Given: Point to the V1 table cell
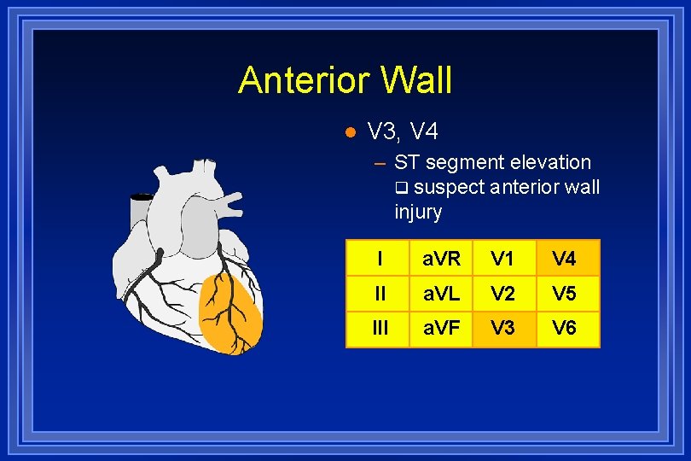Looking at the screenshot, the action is pyautogui.click(x=504, y=258).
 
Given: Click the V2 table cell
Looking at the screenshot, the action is pyautogui.click(x=504, y=294).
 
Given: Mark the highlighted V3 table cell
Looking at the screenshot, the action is pyautogui.click(x=504, y=329).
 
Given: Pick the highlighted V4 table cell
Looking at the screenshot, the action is pyautogui.click(x=567, y=258).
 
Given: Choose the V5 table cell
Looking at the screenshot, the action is pyautogui.click(x=567, y=294).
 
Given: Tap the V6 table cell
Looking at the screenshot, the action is pyautogui.click(x=567, y=329).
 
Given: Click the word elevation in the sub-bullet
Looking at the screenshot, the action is pyautogui.click(x=549, y=162).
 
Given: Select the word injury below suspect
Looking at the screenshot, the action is pyautogui.click(x=418, y=211).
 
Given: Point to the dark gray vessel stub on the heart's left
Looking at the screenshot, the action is pyautogui.click(x=141, y=209).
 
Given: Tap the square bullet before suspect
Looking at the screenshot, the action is pyautogui.click(x=402, y=187).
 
